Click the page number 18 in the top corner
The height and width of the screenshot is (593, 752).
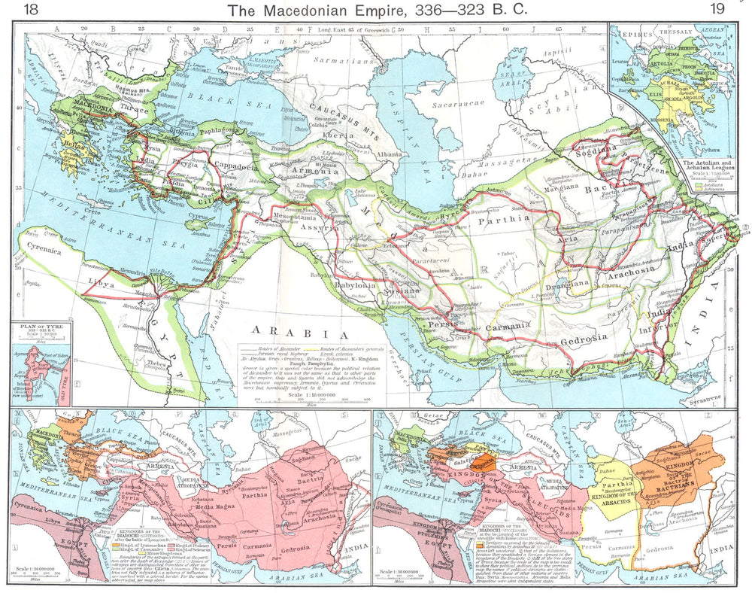(31, 10)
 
